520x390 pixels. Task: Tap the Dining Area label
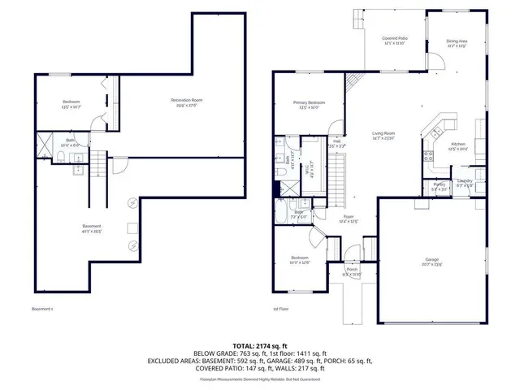point(457,42)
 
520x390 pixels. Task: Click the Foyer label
point(349,218)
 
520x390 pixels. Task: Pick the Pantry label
point(439,185)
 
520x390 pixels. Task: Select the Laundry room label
point(465,181)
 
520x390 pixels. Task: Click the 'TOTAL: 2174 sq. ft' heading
point(260,345)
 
